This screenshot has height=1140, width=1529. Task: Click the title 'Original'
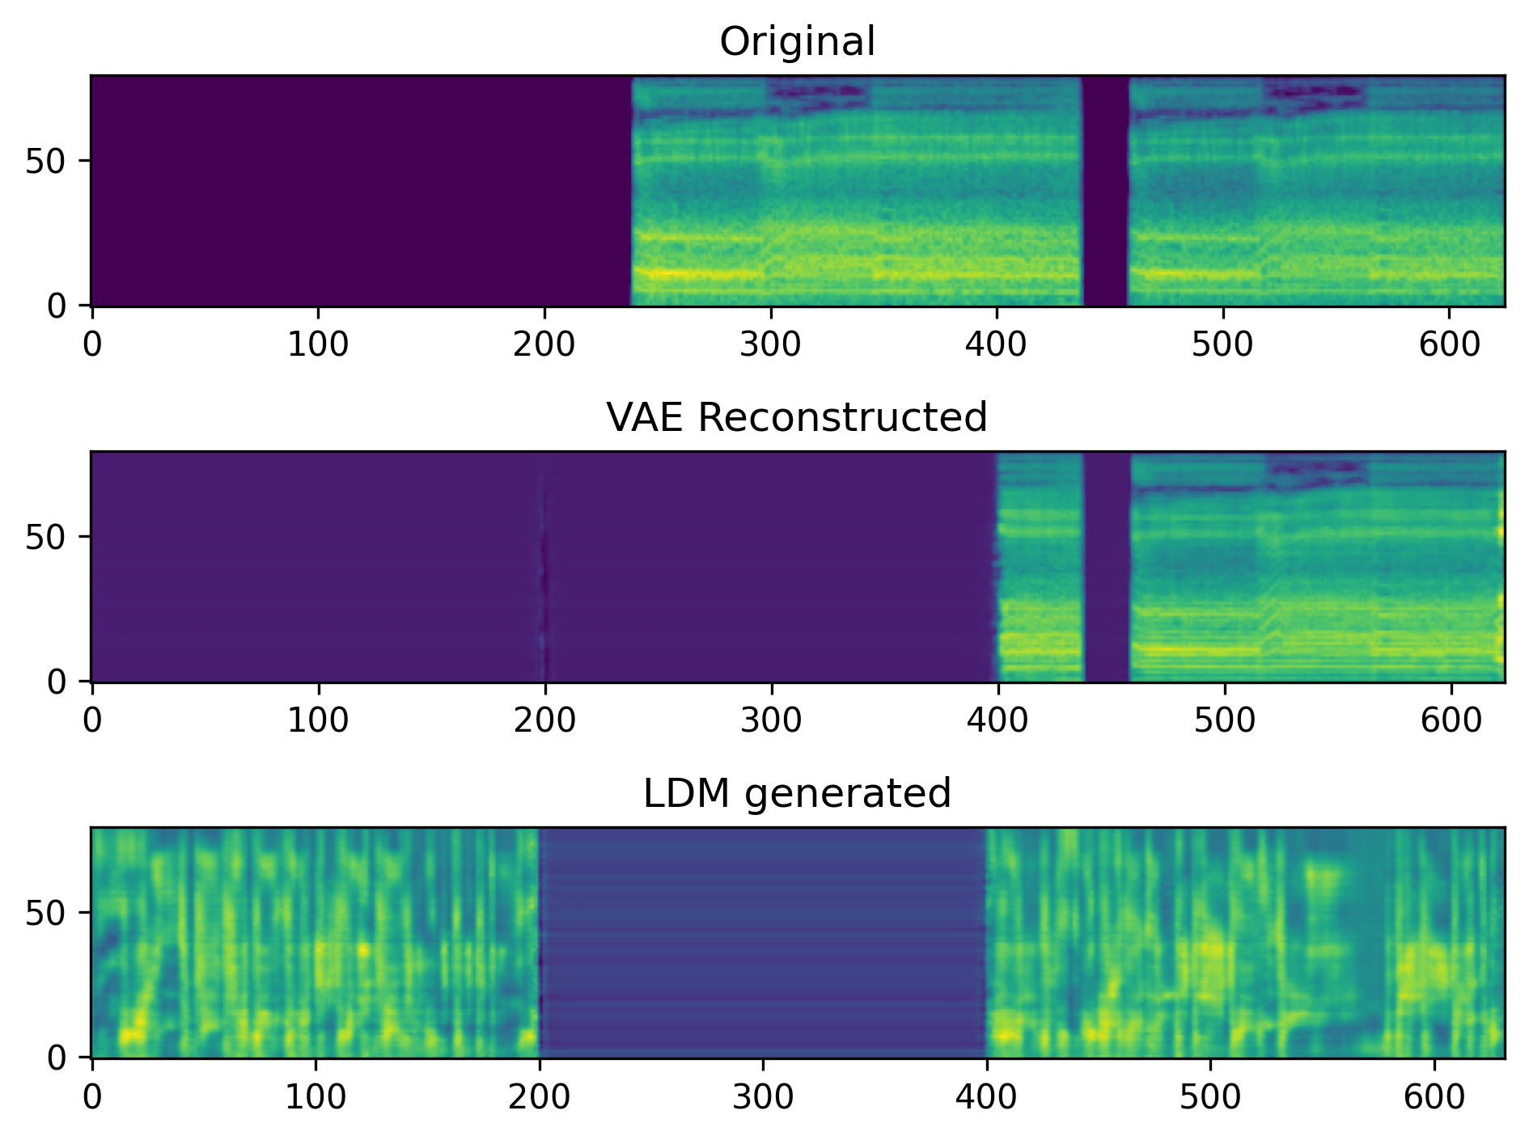pyautogui.click(x=797, y=42)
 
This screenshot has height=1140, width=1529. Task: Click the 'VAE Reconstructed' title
pyautogui.click(x=797, y=418)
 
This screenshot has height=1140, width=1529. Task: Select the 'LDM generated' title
pyautogui.click(x=797, y=794)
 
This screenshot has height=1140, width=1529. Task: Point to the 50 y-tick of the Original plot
pyautogui.click(x=45, y=162)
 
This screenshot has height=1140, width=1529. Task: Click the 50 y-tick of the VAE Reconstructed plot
pyautogui.click(x=45, y=538)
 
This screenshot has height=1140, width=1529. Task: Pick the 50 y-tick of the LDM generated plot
pyautogui.click(x=45, y=914)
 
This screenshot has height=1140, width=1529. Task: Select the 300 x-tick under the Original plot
pyautogui.click(x=770, y=345)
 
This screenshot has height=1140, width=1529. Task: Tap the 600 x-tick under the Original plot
pyautogui.click(x=1450, y=345)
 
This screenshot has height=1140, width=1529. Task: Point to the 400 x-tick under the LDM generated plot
pyautogui.click(x=986, y=1097)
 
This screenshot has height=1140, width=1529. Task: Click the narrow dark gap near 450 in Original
pyautogui.click(x=1105, y=191)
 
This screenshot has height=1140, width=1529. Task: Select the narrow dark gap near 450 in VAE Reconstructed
pyautogui.click(x=1107, y=566)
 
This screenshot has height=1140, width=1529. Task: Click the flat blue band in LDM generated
pyautogui.click(x=762, y=942)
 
